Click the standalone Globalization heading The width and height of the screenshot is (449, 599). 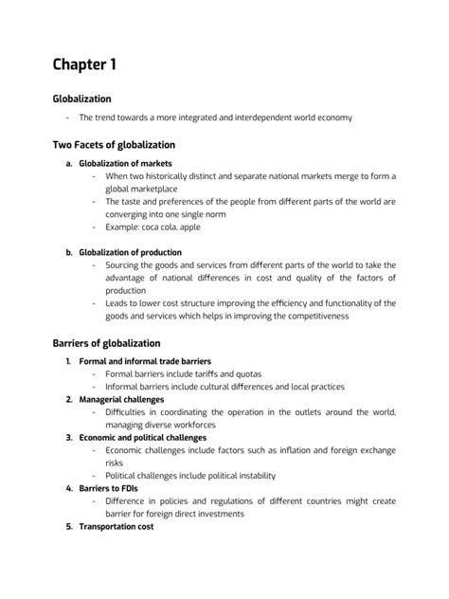tap(81, 98)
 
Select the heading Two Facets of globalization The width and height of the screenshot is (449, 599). tap(113, 145)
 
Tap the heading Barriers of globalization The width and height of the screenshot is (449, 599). tap(106, 342)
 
